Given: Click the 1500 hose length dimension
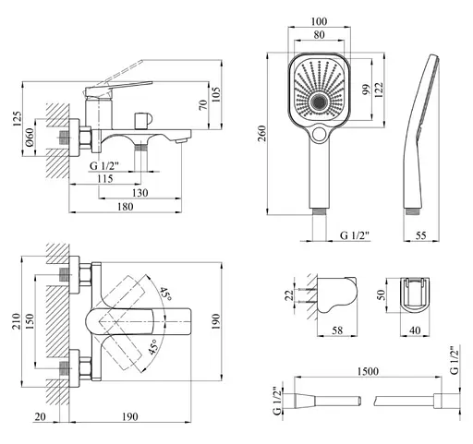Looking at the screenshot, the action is coord(368,371).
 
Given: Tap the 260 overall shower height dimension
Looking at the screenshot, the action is coord(261,133).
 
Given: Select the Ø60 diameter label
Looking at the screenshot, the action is coord(30,138).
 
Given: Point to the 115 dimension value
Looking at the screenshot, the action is coord(105,178).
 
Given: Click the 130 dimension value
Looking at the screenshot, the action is coord(139,193).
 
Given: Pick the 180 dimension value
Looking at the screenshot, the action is coord(125,207).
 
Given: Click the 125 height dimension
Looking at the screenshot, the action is coord(18,118).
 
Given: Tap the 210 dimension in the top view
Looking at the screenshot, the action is coord(16,321).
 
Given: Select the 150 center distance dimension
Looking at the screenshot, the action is coord(30,321).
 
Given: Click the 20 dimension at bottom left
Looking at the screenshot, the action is coord(40,416).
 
